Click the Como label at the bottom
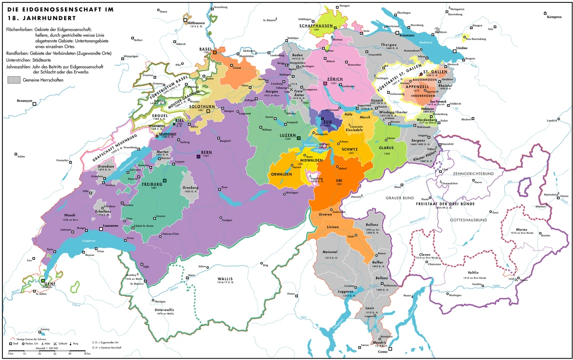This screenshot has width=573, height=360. point(382,352)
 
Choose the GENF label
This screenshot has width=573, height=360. point(45,283)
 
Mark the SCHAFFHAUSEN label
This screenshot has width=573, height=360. point(316,25)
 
